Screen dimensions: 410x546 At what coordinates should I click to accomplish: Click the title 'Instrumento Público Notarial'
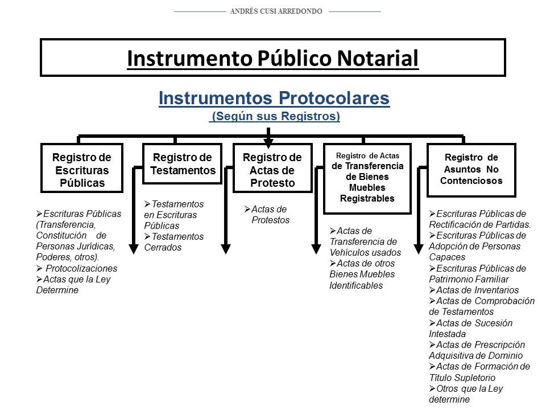[x=272, y=58]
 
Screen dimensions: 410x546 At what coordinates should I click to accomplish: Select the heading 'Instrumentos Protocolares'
[x=274, y=98]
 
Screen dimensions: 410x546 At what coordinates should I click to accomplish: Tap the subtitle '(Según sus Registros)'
[x=275, y=117]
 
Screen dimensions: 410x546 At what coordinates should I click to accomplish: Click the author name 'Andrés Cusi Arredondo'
[x=276, y=11]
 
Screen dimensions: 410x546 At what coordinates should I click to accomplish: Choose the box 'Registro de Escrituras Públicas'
[x=82, y=170]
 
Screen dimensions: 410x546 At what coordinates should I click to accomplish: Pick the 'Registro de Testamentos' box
[x=183, y=164]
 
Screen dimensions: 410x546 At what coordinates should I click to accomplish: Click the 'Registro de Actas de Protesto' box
[x=272, y=170]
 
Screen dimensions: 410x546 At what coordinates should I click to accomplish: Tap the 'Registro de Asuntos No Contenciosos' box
[x=471, y=169]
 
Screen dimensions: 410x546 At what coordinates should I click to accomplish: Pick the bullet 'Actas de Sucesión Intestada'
[x=470, y=329]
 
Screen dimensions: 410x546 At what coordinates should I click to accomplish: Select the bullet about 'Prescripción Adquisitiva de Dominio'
[x=477, y=350]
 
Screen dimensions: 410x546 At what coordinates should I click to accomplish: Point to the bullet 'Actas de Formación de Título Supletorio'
[x=479, y=372]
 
